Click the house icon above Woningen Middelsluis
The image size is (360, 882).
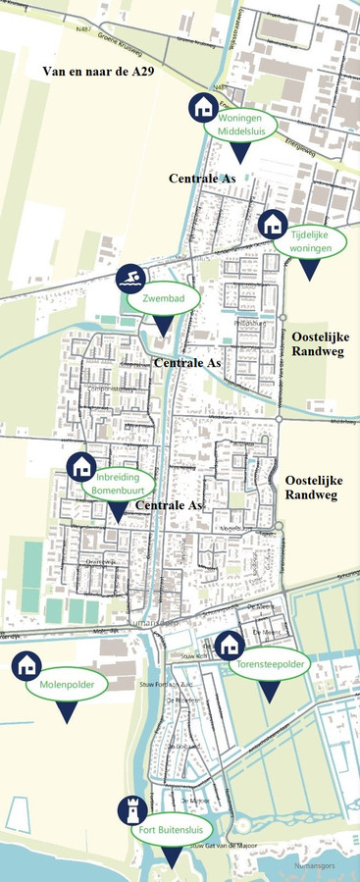203,106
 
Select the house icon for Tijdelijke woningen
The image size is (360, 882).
273,224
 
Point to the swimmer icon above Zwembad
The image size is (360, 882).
129,280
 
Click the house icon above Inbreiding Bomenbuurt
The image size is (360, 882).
80,466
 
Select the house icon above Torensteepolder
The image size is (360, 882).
229,645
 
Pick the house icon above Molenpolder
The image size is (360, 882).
26,664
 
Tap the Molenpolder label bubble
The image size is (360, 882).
66,684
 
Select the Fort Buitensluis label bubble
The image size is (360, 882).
172,829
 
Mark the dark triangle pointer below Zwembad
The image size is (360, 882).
163,327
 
